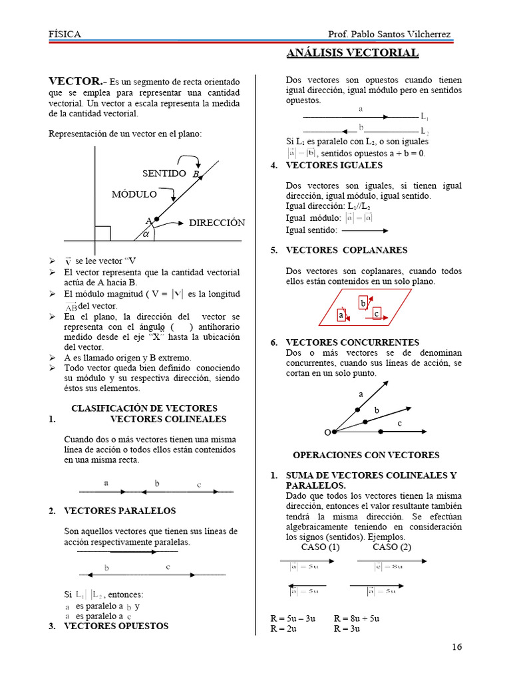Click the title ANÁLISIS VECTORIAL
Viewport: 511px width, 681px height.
pos(353,53)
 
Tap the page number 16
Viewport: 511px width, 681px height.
pos(456,647)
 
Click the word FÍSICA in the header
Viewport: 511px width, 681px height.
pos(65,34)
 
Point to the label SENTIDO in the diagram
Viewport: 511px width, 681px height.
pos(164,174)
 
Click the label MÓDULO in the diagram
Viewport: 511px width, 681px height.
pos(134,195)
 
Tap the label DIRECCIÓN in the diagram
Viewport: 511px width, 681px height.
pos(217,223)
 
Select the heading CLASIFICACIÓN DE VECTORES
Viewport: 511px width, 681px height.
pos(144,408)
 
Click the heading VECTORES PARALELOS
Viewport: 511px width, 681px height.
pos(120,511)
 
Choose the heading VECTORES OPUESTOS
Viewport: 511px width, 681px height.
pos(116,626)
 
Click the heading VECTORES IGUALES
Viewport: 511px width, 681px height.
pos(334,165)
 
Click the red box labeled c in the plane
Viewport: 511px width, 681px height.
pos(376,313)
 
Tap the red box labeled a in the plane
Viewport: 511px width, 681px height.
pos(341,316)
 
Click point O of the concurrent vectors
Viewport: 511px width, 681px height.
pos(327,432)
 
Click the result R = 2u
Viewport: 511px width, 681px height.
pos(287,628)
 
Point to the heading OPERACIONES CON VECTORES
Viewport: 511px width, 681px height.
pos(366,456)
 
